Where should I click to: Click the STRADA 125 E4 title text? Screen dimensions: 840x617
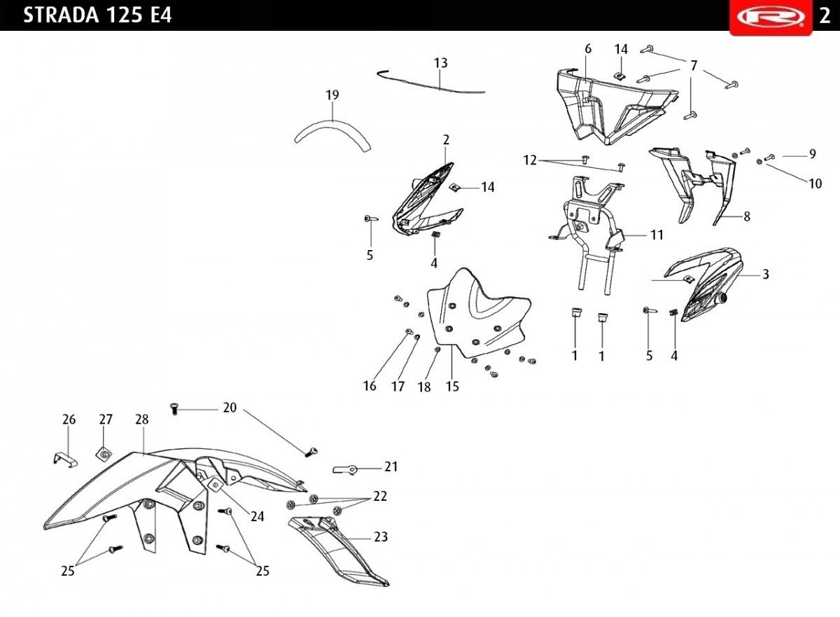point(97,15)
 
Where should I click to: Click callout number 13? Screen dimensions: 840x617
point(440,63)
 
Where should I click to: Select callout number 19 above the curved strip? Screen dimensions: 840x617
point(332,95)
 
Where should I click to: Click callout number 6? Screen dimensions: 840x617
point(587,49)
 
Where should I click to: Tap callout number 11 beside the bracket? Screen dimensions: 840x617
point(657,235)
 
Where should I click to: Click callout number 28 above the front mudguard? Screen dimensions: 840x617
point(142,420)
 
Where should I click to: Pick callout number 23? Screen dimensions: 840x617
point(381,536)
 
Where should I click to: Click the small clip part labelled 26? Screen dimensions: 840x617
point(65,460)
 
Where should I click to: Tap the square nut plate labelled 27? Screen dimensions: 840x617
point(104,455)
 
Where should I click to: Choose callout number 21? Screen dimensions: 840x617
point(391,467)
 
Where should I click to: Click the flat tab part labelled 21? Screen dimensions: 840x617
point(345,469)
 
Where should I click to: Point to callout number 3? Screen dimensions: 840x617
point(765,274)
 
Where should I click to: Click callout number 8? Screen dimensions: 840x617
point(747,216)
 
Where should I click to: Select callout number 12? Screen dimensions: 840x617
point(530,160)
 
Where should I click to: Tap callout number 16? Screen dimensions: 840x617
point(370,386)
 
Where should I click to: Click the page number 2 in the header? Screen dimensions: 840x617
point(825,16)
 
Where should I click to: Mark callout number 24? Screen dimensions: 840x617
point(258,517)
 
